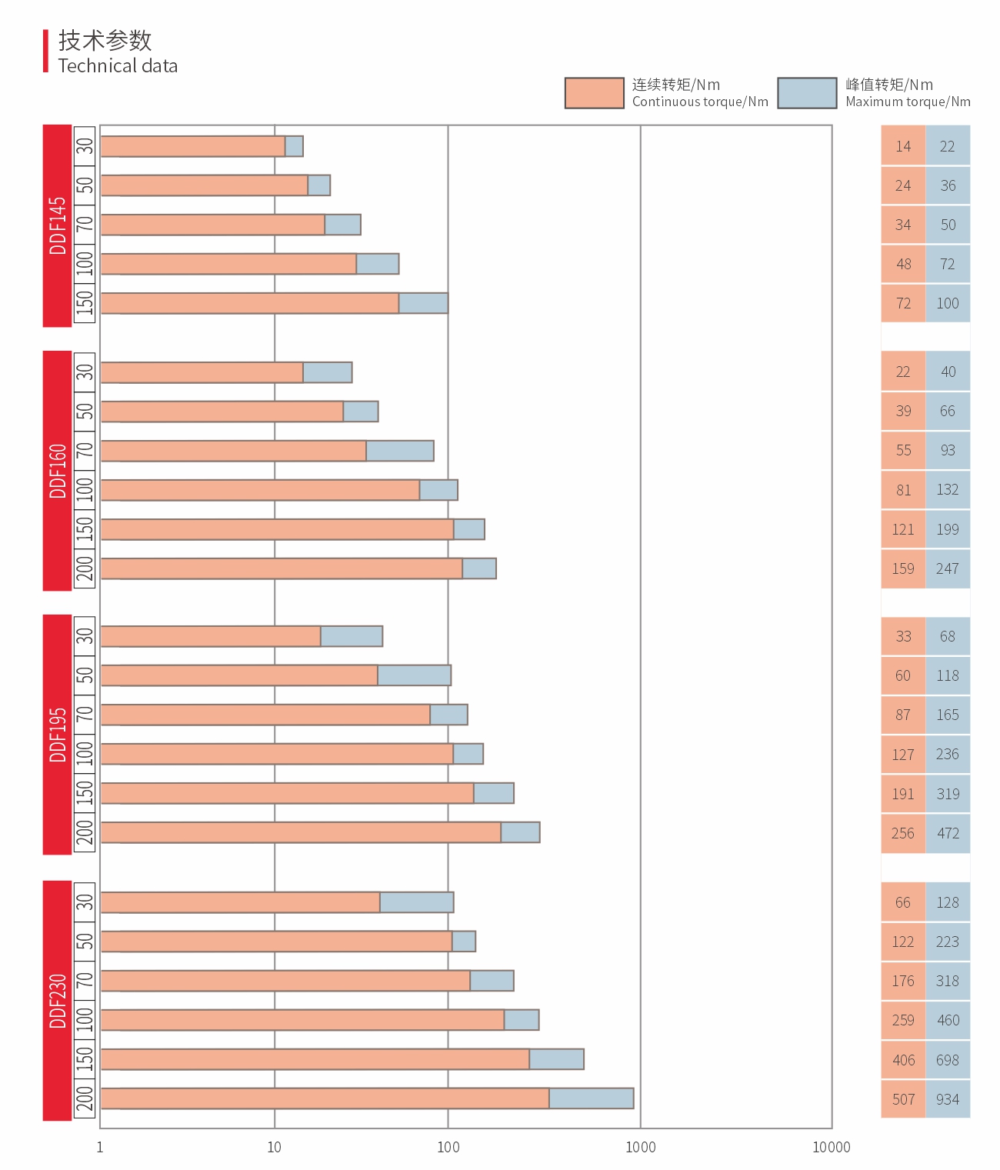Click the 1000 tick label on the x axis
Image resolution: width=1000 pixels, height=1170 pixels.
point(640,1147)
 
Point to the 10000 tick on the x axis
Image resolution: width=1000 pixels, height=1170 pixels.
point(832,1147)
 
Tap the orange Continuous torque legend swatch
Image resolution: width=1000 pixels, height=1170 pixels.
point(594,93)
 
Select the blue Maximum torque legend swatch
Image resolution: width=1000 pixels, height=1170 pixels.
point(807,93)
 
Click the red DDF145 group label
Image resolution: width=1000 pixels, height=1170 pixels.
point(57,225)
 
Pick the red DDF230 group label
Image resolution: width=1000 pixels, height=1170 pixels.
point(57,1000)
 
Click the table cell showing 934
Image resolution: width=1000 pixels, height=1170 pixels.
point(948,1099)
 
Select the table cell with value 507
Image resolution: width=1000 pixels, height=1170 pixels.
point(903,1099)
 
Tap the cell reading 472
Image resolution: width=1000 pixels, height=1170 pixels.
point(948,833)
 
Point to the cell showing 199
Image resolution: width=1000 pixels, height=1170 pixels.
point(948,529)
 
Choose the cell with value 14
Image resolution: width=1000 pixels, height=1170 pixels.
point(903,146)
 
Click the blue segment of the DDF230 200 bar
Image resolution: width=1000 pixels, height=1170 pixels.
point(591,1098)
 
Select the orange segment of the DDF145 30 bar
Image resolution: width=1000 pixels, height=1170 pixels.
point(192,146)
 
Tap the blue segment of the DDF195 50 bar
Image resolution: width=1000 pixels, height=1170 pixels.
point(414,675)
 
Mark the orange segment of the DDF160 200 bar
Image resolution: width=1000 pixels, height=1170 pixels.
point(281,568)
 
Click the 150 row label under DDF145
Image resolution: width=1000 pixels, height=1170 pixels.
point(85,303)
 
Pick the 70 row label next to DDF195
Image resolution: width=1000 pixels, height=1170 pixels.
point(85,714)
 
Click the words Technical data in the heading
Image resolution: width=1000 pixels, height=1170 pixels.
point(118,66)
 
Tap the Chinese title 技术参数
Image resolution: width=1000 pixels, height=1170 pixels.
point(105,40)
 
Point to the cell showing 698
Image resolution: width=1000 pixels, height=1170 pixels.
point(948,1060)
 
